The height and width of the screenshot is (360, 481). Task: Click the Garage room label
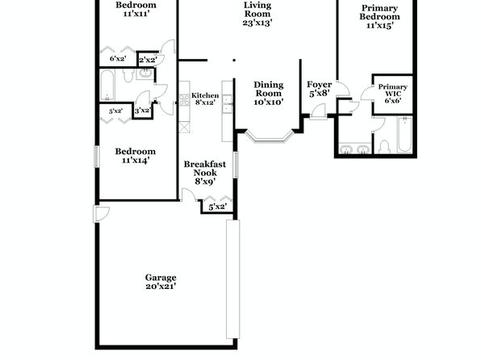click(161, 278)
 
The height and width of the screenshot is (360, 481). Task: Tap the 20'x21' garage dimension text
click(161, 287)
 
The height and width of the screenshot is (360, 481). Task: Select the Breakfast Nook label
click(205, 169)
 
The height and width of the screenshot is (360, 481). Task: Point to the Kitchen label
click(205, 95)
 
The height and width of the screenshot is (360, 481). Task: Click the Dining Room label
click(269, 89)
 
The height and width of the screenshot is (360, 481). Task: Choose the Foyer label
click(320, 85)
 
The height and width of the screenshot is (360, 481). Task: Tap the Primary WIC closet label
click(393, 90)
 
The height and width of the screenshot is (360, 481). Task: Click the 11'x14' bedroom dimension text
click(136, 160)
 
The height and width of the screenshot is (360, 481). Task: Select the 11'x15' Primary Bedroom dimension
click(380, 26)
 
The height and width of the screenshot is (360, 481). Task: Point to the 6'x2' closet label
click(118, 59)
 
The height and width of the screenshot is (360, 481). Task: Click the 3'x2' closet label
click(143, 110)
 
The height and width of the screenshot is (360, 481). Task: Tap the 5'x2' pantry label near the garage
click(217, 207)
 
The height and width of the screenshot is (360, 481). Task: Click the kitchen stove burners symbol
click(185, 100)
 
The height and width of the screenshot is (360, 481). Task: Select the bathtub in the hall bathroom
click(107, 86)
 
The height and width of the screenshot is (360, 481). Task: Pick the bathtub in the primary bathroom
click(405, 135)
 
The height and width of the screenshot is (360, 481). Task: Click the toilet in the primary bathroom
click(384, 146)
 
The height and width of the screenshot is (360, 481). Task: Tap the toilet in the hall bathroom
click(128, 75)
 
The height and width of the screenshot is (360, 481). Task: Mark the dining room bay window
click(269, 137)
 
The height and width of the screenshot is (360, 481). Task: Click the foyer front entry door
click(319, 111)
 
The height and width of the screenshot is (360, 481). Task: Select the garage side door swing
click(101, 214)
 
